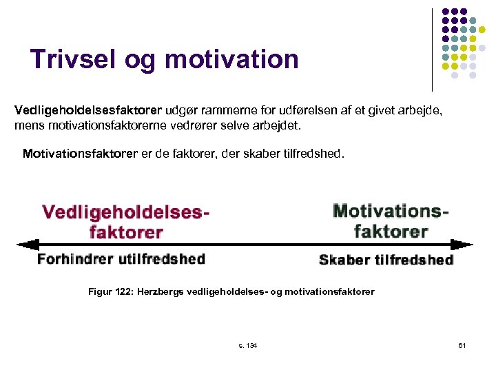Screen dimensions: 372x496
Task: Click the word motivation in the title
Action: [232, 59]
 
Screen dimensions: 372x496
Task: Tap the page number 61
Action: [462, 344]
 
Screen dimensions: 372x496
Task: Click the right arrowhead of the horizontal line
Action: [466, 244]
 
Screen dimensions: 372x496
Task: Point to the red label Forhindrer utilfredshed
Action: [121, 259]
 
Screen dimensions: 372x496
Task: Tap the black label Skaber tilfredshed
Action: [386, 260]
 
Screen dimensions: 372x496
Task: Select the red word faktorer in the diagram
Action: [126, 231]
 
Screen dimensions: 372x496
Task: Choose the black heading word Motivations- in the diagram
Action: [391, 211]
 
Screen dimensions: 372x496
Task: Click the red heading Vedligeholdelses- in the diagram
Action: [125, 211]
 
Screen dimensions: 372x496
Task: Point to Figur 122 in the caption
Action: [110, 291]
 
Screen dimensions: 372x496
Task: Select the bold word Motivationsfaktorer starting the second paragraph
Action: [80, 153]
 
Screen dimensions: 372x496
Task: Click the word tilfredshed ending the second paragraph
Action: [313, 153]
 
